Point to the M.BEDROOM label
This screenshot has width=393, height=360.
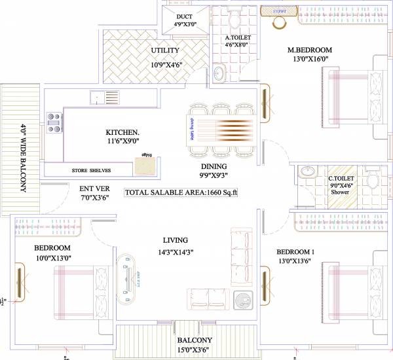coord(310,50)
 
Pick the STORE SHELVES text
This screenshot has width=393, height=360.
coord(91,170)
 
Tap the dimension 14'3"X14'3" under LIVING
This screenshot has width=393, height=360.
coord(175,252)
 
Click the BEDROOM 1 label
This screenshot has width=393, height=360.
coord(296,252)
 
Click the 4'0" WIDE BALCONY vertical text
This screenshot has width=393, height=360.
coord(24,157)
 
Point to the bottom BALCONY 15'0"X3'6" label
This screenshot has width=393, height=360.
coord(193,340)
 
